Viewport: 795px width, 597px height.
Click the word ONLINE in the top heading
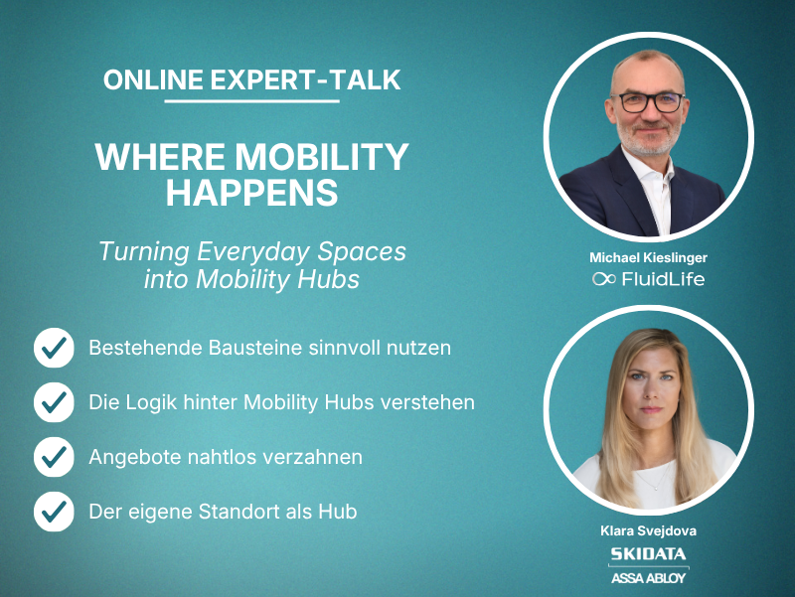click(153, 80)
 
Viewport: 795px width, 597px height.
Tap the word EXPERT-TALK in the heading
click(306, 80)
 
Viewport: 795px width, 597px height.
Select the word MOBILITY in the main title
click(322, 157)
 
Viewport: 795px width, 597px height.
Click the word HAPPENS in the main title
click(252, 193)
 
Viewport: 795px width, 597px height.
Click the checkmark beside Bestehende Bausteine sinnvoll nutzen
click(54, 348)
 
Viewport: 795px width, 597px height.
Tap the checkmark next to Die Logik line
click(54, 402)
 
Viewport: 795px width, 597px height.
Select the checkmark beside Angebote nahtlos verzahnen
click(54, 457)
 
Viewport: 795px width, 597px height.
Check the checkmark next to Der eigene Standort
click(54, 512)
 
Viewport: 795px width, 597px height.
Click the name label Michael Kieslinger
click(648, 258)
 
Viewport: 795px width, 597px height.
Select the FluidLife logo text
click(663, 279)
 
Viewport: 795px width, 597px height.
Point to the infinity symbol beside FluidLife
click(604, 279)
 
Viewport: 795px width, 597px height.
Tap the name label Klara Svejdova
click(648, 531)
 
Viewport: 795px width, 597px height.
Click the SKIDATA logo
click(648, 553)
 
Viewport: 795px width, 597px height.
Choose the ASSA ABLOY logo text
click(648, 578)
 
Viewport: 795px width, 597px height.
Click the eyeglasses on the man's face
click(647, 102)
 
